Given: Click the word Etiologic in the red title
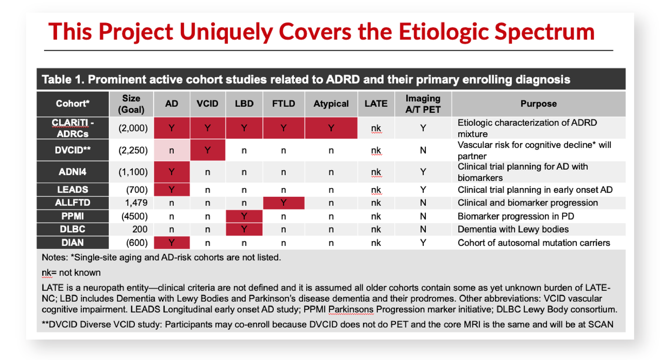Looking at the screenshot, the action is [x=444, y=32].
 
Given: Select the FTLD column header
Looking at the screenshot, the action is [x=284, y=104].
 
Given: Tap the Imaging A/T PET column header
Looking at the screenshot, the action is [x=423, y=104].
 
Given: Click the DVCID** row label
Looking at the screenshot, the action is [x=73, y=150].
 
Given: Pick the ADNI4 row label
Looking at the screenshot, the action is [x=73, y=172].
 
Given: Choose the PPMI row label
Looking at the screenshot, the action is [x=73, y=216].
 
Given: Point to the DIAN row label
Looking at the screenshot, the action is [x=73, y=243].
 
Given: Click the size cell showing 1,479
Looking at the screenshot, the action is [x=136, y=203].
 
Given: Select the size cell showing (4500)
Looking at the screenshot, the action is [x=134, y=216].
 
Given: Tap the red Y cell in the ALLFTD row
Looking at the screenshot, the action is [x=284, y=203].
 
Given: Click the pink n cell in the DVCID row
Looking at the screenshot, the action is [x=172, y=150].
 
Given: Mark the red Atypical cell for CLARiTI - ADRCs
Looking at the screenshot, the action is [x=331, y=128].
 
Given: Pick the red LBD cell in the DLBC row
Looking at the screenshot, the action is [x=244, y=229].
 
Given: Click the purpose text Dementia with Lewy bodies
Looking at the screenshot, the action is [x=513, y=229].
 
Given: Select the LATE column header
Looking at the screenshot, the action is [x=376, y=104].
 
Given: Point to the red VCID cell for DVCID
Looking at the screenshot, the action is [x=208, y=150].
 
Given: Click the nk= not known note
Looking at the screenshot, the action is [x=71, y=273].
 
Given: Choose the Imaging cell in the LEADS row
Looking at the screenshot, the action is [x=423, y=190].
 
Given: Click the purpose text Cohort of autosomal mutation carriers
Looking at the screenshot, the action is [x=534, y=243].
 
